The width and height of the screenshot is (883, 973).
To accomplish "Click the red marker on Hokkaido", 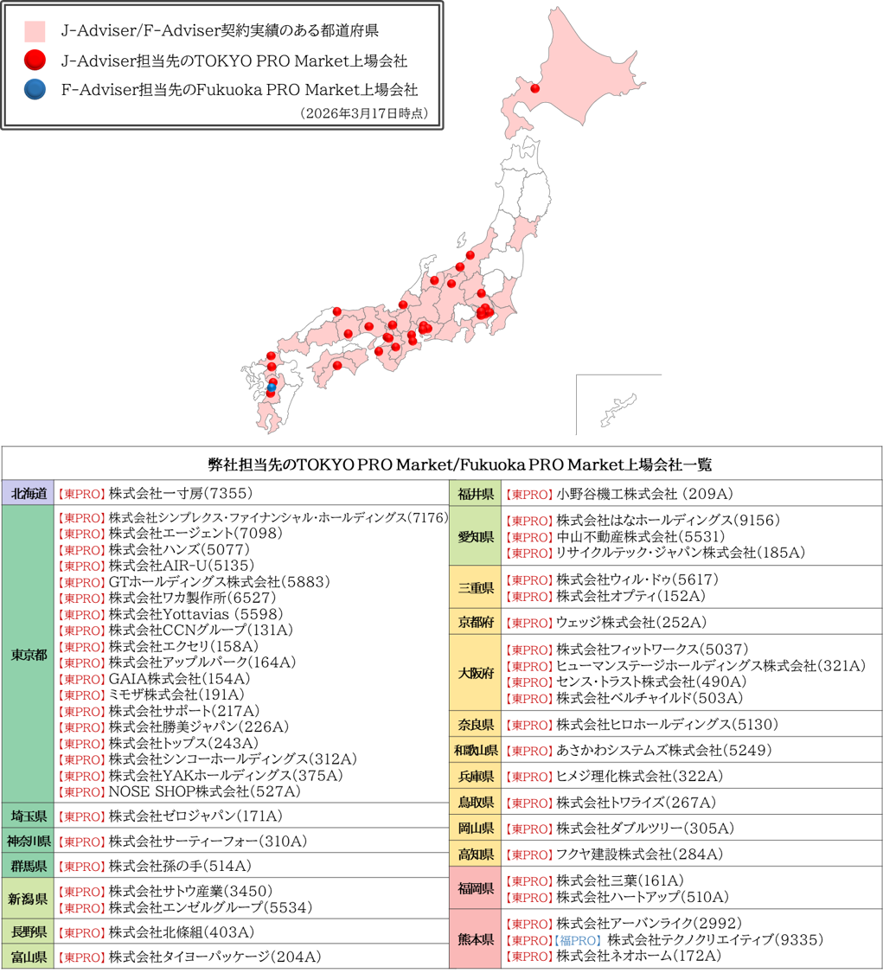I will [x=534, y=88].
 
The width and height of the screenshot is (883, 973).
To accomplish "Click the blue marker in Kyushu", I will [x=271, y=388].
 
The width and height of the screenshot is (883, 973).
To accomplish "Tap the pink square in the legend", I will [x=35, y=32].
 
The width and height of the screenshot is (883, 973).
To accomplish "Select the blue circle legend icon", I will [x=35, y=89].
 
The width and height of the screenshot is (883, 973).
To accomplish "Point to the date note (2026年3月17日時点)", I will [x=364, y=114].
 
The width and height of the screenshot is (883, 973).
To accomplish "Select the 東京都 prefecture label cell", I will [x=29, y=654].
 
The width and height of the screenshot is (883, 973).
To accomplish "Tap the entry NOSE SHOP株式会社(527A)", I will [x=204, y=791].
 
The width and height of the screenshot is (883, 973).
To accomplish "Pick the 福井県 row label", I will [x=476, y=494].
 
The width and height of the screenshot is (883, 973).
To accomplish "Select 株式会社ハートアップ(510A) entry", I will [x=643, y=897].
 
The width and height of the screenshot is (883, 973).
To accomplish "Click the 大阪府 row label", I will [x=476, y=674].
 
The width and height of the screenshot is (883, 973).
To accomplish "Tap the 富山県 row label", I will [x=29, y=957].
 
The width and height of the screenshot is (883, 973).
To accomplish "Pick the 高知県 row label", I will [x=476, y=855].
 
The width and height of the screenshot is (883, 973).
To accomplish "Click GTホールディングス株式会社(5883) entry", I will [x=219, y=582].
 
